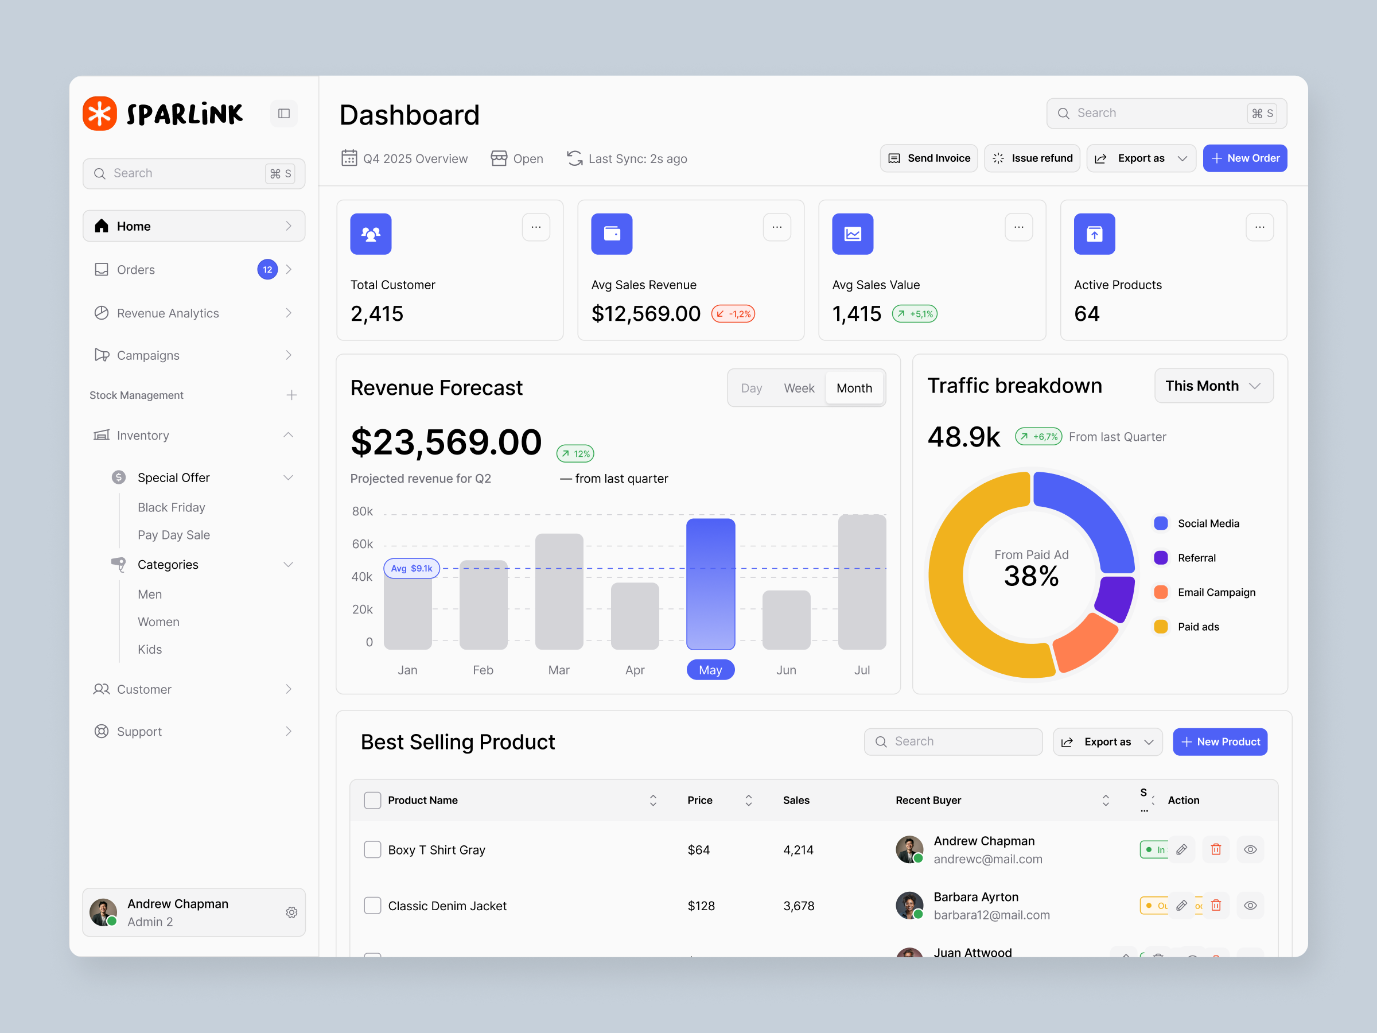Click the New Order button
point(1244,158)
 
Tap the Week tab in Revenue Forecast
point(799,388)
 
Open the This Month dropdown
point(1213,386)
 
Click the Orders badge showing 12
point(267,270)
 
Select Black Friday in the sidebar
point(171,507)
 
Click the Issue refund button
point(1032,158)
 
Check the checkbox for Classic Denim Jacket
point(372,906)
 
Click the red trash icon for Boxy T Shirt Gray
point(1216,849)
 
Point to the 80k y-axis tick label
point(362,511)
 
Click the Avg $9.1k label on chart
point(411,569)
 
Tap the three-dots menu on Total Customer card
point(535,227)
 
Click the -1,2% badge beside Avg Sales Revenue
point(733,314)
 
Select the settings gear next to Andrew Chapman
point(291,912)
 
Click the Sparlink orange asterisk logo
point(100,113)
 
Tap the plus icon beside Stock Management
point(291,395)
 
